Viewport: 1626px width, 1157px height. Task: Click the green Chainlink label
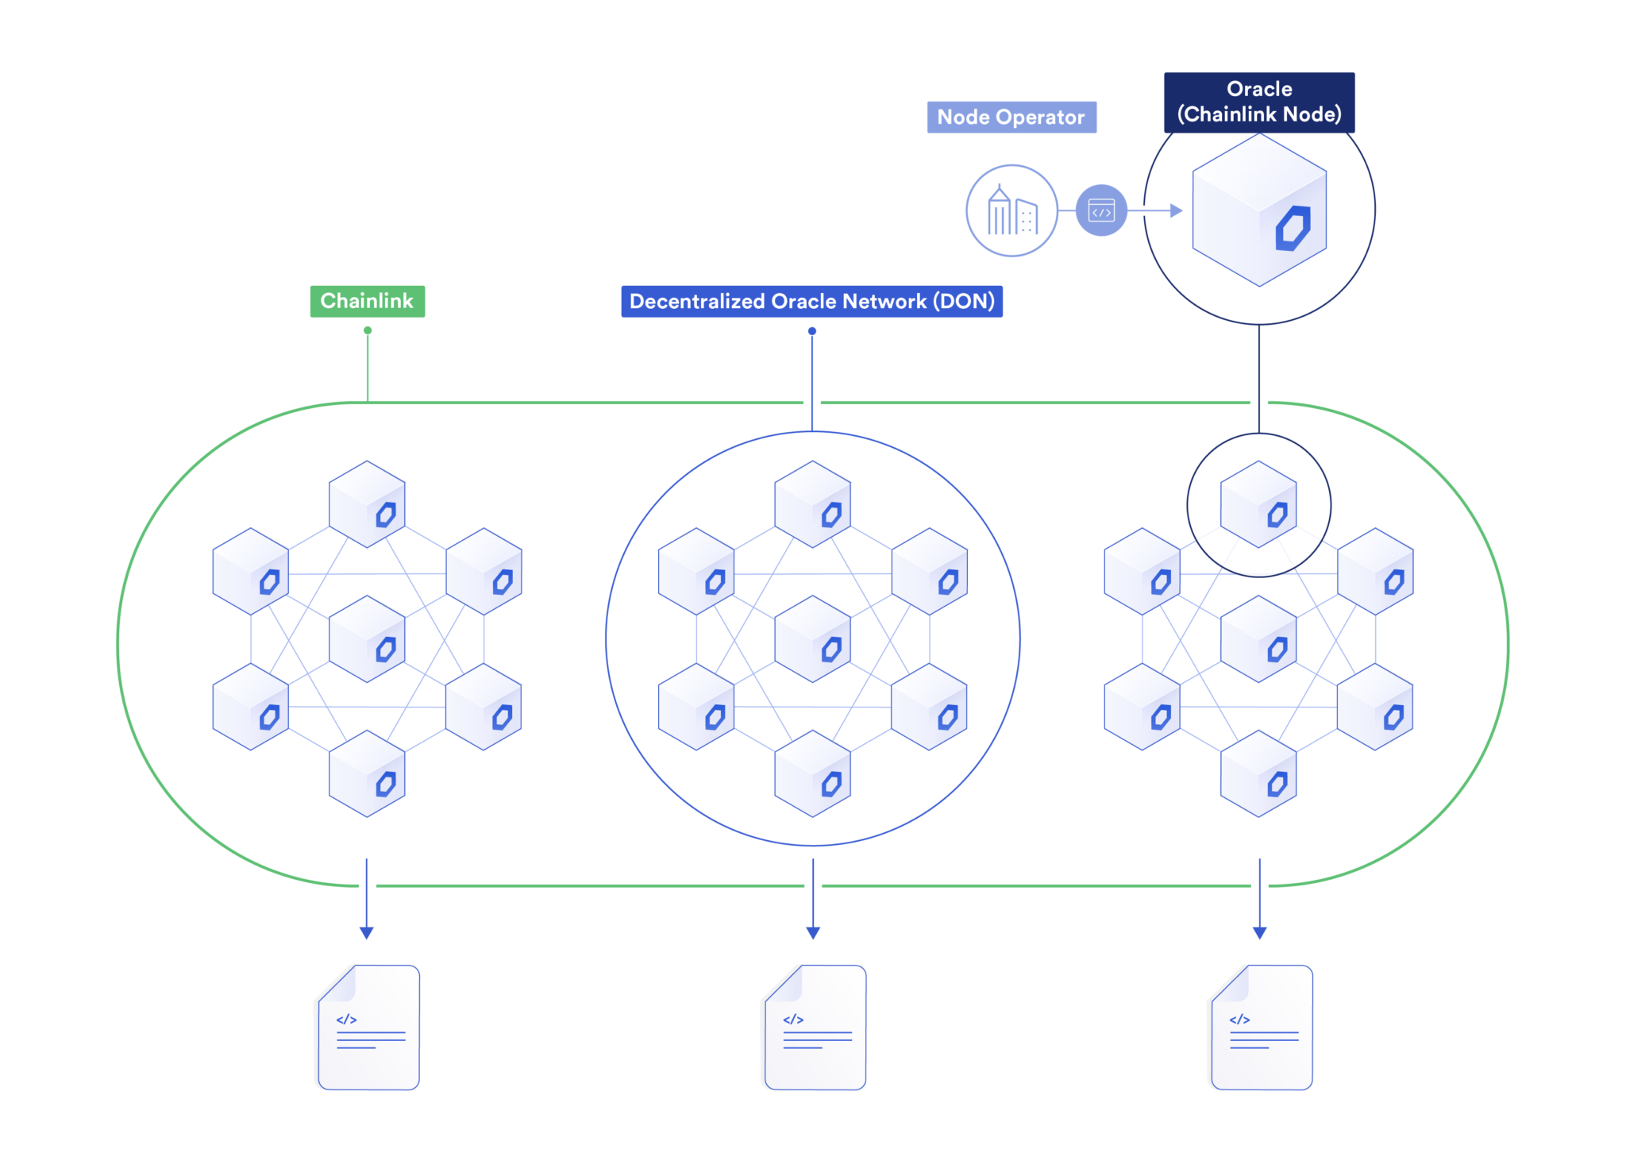pos(367,301)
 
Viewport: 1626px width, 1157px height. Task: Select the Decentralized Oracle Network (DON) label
pos(811,301)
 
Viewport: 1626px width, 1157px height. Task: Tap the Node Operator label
pos(1011,117)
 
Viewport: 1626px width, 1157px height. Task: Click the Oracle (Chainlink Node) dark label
pos(1258,102)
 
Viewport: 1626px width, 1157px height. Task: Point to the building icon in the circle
pos(1011,210)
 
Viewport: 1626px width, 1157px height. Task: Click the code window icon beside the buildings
pos(1101,210)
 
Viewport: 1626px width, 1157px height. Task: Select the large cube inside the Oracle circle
pos(1258,210)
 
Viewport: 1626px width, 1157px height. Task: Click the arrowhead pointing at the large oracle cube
pos(1177,210)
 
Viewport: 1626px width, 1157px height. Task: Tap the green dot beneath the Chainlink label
pos(368,330)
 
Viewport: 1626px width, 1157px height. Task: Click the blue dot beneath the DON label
pos(812,331)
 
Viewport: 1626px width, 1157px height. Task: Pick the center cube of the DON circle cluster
pos(812,639)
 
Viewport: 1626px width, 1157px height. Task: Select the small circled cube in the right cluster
pos(1258,504)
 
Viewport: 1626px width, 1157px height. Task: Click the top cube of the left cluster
pos(367,504)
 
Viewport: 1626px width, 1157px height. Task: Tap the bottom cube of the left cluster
pos(367,774)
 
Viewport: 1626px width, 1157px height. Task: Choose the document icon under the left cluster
pos(369,1028)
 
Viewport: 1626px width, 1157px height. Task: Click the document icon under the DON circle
pos(815,1028)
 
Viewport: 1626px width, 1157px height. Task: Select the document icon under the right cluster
pos(1262,1028)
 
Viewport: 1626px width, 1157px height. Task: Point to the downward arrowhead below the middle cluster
pos(813,932)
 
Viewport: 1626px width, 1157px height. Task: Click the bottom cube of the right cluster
pos(1258,774)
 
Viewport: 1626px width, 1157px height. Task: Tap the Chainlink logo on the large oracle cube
pos(1293,229)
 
